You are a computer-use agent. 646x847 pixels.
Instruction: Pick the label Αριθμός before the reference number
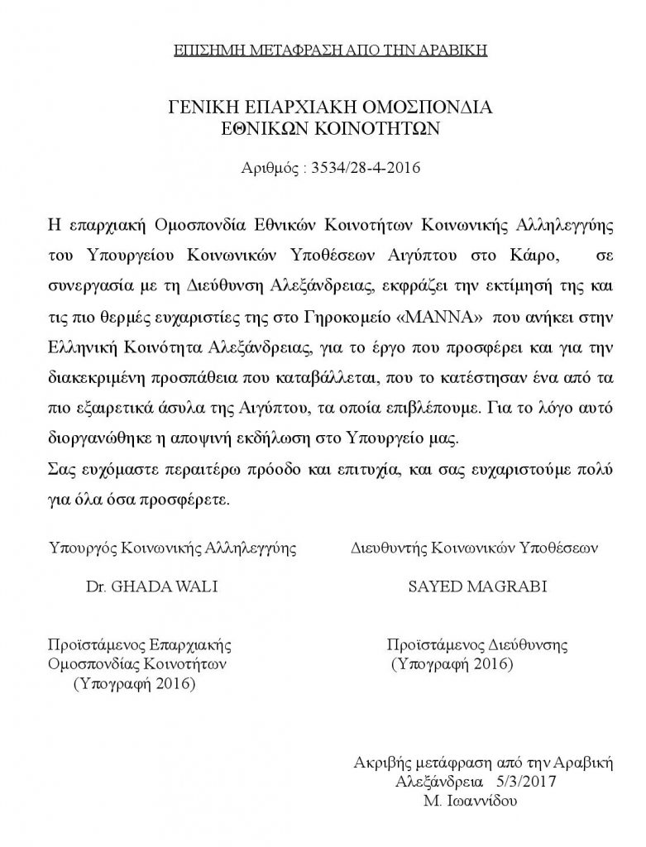coord(270,170)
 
